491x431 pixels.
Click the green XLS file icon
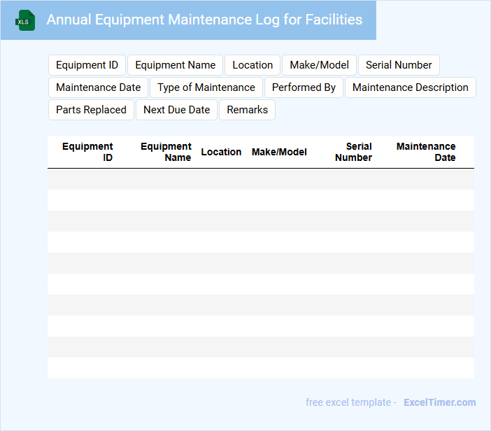pos(25,21)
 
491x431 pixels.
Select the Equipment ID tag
pos(87,65)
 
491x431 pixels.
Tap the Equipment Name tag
pos(175,65)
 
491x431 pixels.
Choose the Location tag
pos(252,65)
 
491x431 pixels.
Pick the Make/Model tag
pos(319,65)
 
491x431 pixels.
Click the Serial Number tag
pos(399,65)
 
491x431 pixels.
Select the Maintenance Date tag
pos(98,87)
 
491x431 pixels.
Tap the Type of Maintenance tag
pos(206,87)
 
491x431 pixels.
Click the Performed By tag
pos(304,87)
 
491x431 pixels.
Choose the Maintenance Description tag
pos(411,87)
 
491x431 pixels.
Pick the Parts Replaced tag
pos(91,110)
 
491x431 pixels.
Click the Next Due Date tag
pos(176,110)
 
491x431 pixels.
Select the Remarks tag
pos(247,110)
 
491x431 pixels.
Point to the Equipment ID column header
pos(87,152)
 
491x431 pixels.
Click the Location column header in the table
pos(221,152)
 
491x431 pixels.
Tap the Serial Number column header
pos(354,152)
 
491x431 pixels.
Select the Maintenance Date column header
pos(426,152)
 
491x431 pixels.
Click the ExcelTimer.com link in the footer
pos(439,402)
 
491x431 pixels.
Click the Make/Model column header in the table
pos(279,152)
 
